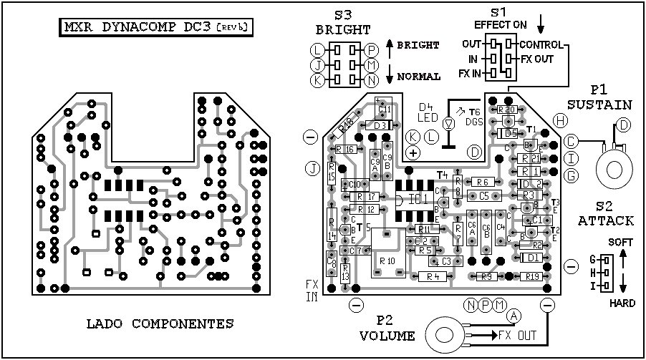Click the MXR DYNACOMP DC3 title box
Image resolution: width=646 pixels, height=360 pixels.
156,28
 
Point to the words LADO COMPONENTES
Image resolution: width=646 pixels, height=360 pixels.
150,323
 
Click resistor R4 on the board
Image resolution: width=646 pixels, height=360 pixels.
431,276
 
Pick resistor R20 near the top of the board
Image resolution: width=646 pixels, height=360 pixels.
507,110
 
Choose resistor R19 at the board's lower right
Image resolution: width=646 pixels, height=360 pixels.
531,276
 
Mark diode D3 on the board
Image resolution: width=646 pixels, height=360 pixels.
380,125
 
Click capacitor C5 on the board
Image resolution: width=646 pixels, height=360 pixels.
484,195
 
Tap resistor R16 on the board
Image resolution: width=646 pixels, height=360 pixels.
347,149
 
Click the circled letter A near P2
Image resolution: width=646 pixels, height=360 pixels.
514,316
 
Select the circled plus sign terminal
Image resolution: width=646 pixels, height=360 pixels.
413,152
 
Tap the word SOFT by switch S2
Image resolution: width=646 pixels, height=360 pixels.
622,243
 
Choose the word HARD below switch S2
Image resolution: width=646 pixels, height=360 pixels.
622,303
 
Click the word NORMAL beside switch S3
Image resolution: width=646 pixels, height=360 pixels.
418,76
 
